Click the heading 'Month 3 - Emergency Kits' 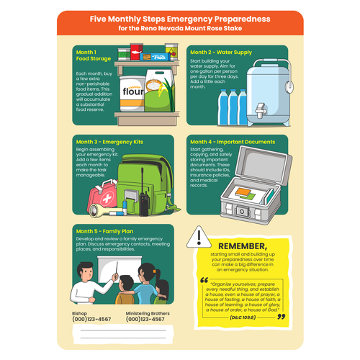(x=109, y=142)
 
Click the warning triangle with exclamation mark (x=199, y=237)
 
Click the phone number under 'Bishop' (x=91, y=319)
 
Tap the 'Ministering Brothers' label (x=149, y=312)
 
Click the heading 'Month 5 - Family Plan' (x=104, y=231)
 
